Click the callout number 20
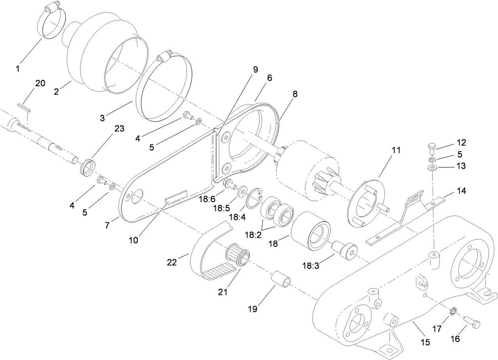[x=40, y=83]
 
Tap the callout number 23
[x=119, y=129]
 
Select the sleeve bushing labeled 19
[x=281, y=280]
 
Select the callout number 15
[x=425, y=342]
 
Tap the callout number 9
[x=255, y=70]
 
